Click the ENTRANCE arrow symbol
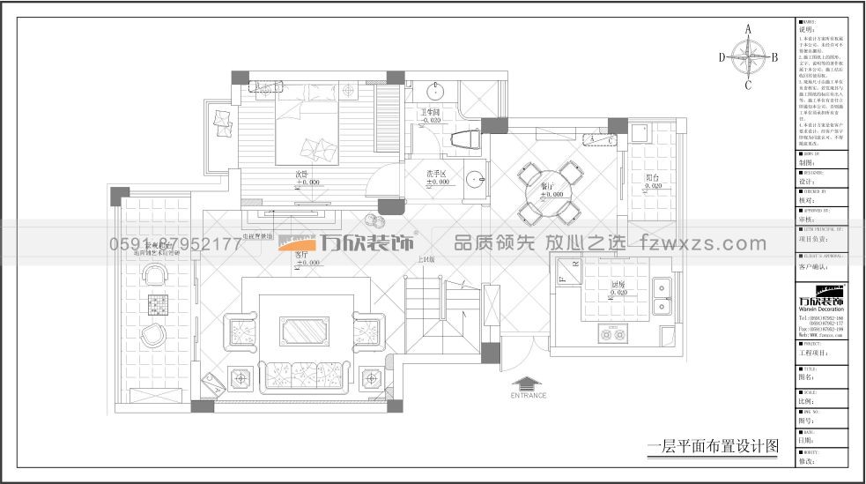pos(528,383)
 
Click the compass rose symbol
pos(748,58)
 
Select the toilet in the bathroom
pos(461,138)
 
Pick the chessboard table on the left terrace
pos(158,305)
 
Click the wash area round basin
pos(476,179)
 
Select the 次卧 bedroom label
pos(302,174)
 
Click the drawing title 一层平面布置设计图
pos(714,447)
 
